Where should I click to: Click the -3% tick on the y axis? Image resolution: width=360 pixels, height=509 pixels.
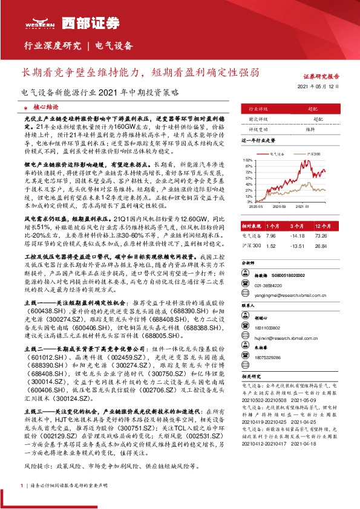click(249, 203)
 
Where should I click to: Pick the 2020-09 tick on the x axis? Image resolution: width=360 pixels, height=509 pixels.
click(279, 206)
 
